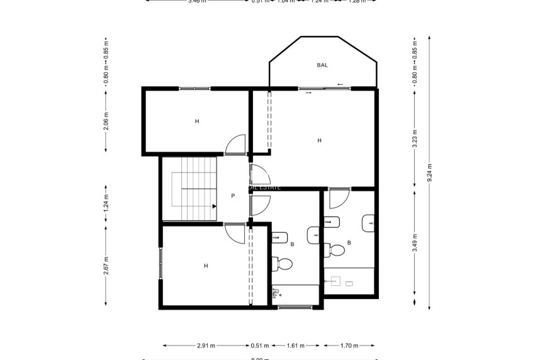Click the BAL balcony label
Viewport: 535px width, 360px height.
[x=322, y=65]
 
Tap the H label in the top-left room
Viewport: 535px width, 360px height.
[x=197, y=121]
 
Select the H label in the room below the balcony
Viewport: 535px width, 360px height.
[x=320, y=140]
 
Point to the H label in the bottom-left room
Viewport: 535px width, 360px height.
[x=206, y=266]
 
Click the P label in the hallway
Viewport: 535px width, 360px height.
[x=233, y=196]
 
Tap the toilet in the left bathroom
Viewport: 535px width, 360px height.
[x=283, y=263]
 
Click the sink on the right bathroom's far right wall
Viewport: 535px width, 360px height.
[x=368, y=222]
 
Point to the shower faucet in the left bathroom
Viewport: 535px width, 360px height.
[x=276, y=292]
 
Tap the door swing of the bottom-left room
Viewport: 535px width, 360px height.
[x=235, y=234]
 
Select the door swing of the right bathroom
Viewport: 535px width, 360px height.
[x=337, y=198]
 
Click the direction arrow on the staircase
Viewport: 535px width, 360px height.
[x=214, y=206]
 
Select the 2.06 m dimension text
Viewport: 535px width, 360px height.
[x=106, y=121]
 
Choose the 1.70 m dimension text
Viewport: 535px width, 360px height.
[x=349, y=346]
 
